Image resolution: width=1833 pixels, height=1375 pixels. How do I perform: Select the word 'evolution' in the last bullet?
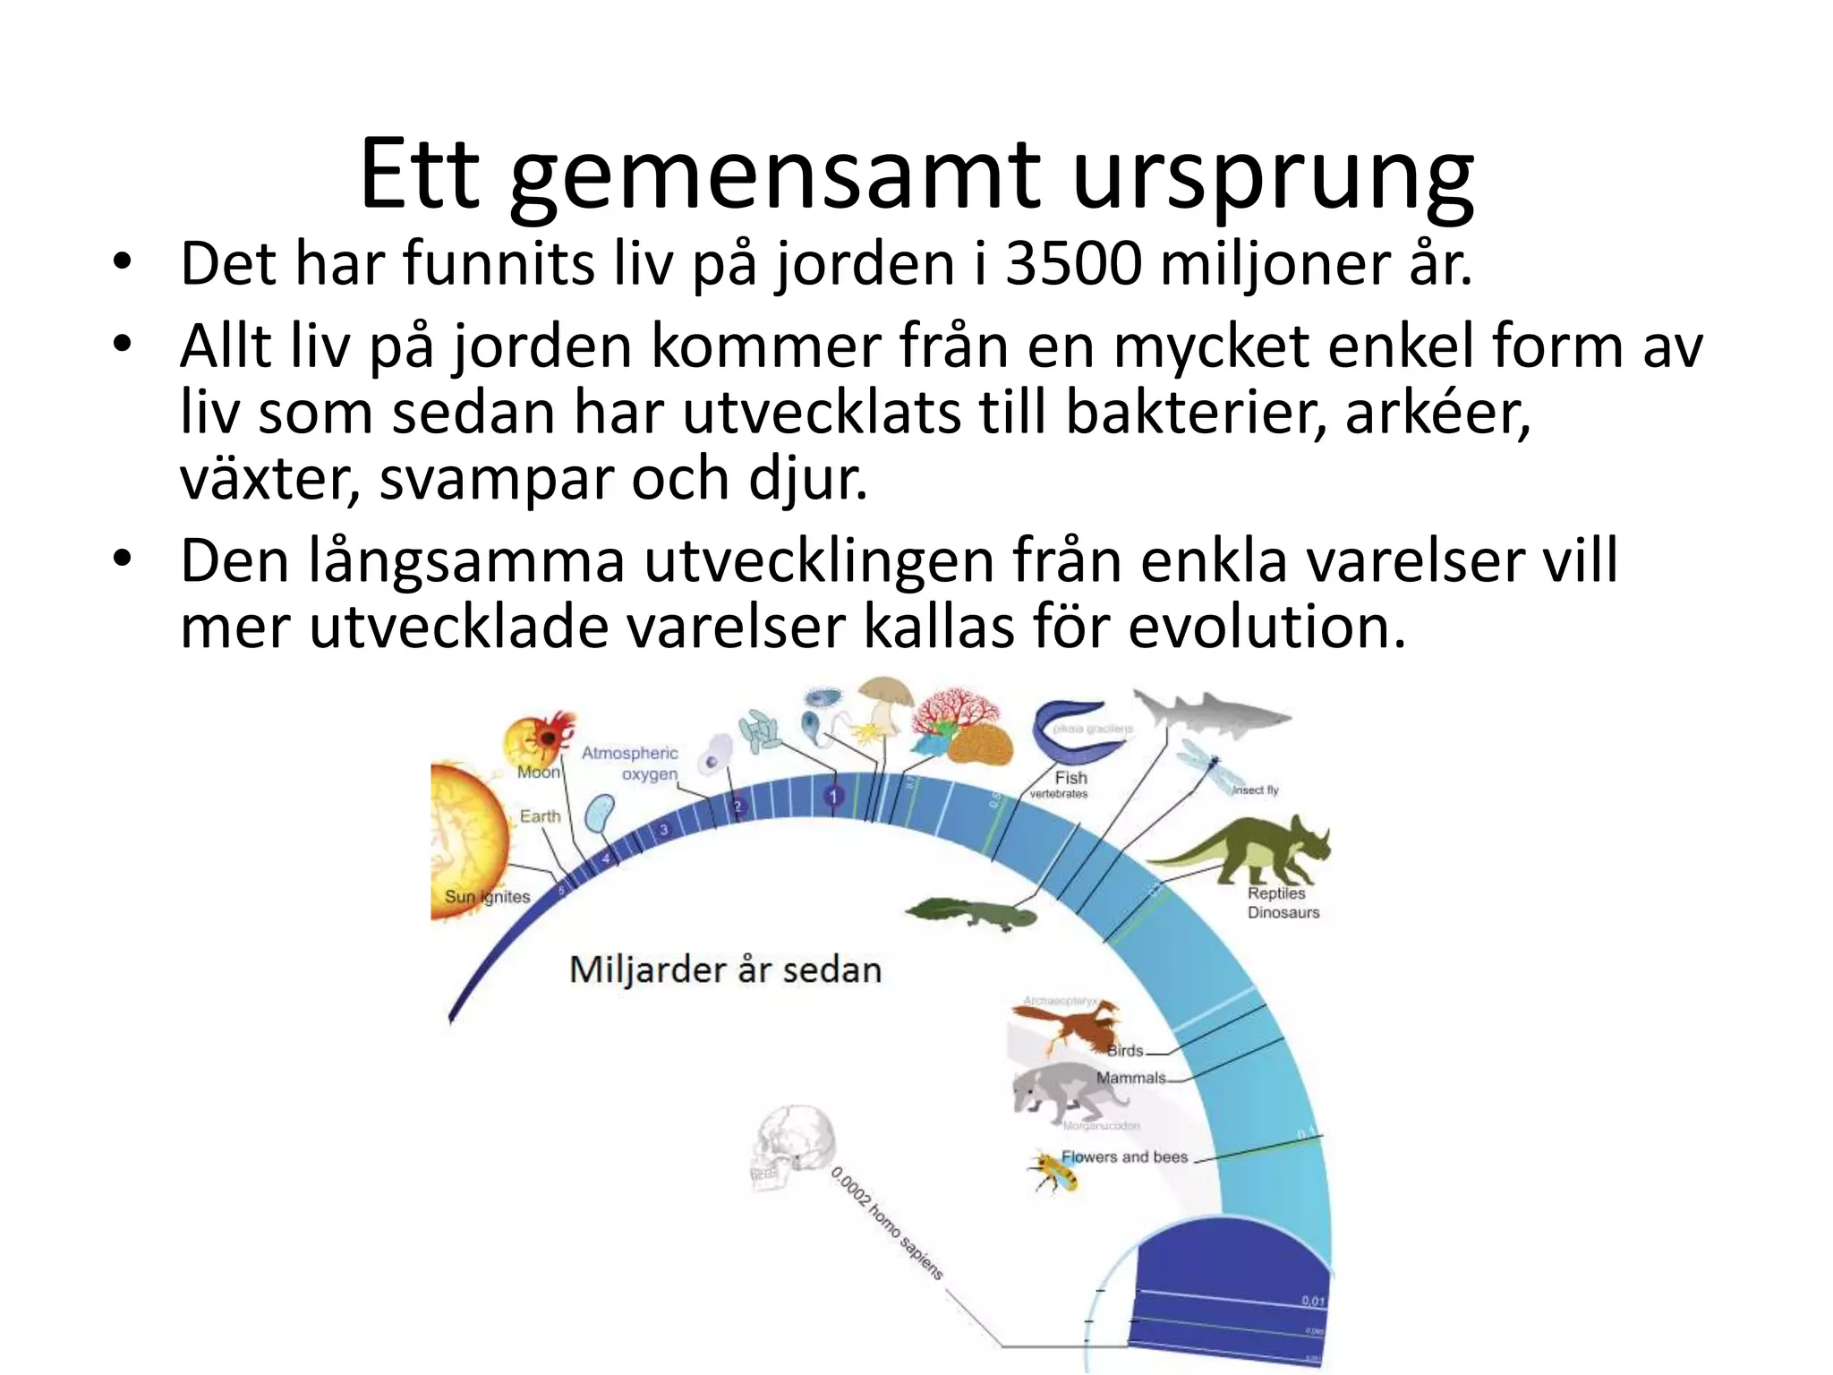tap(1266, 627)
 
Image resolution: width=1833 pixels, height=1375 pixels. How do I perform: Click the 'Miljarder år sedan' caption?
tap(726, 970)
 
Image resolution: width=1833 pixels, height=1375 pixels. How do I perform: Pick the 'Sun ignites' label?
tap(488, 897)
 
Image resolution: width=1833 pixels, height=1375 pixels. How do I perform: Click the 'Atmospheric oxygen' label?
tap(631, 764)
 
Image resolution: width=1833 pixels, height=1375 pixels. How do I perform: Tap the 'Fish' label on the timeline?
tap(1070, 778)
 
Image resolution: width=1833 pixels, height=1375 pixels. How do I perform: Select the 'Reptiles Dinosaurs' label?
tap(1283, 902)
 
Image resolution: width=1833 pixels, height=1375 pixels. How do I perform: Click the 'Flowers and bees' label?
tap(1124, 1157)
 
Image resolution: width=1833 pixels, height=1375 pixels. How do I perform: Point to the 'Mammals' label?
tap(1131, 1078)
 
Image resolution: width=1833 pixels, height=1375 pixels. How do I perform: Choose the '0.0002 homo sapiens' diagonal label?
tap(887, 1223)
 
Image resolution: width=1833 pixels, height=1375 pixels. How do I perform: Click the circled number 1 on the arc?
tap(833, 796)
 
